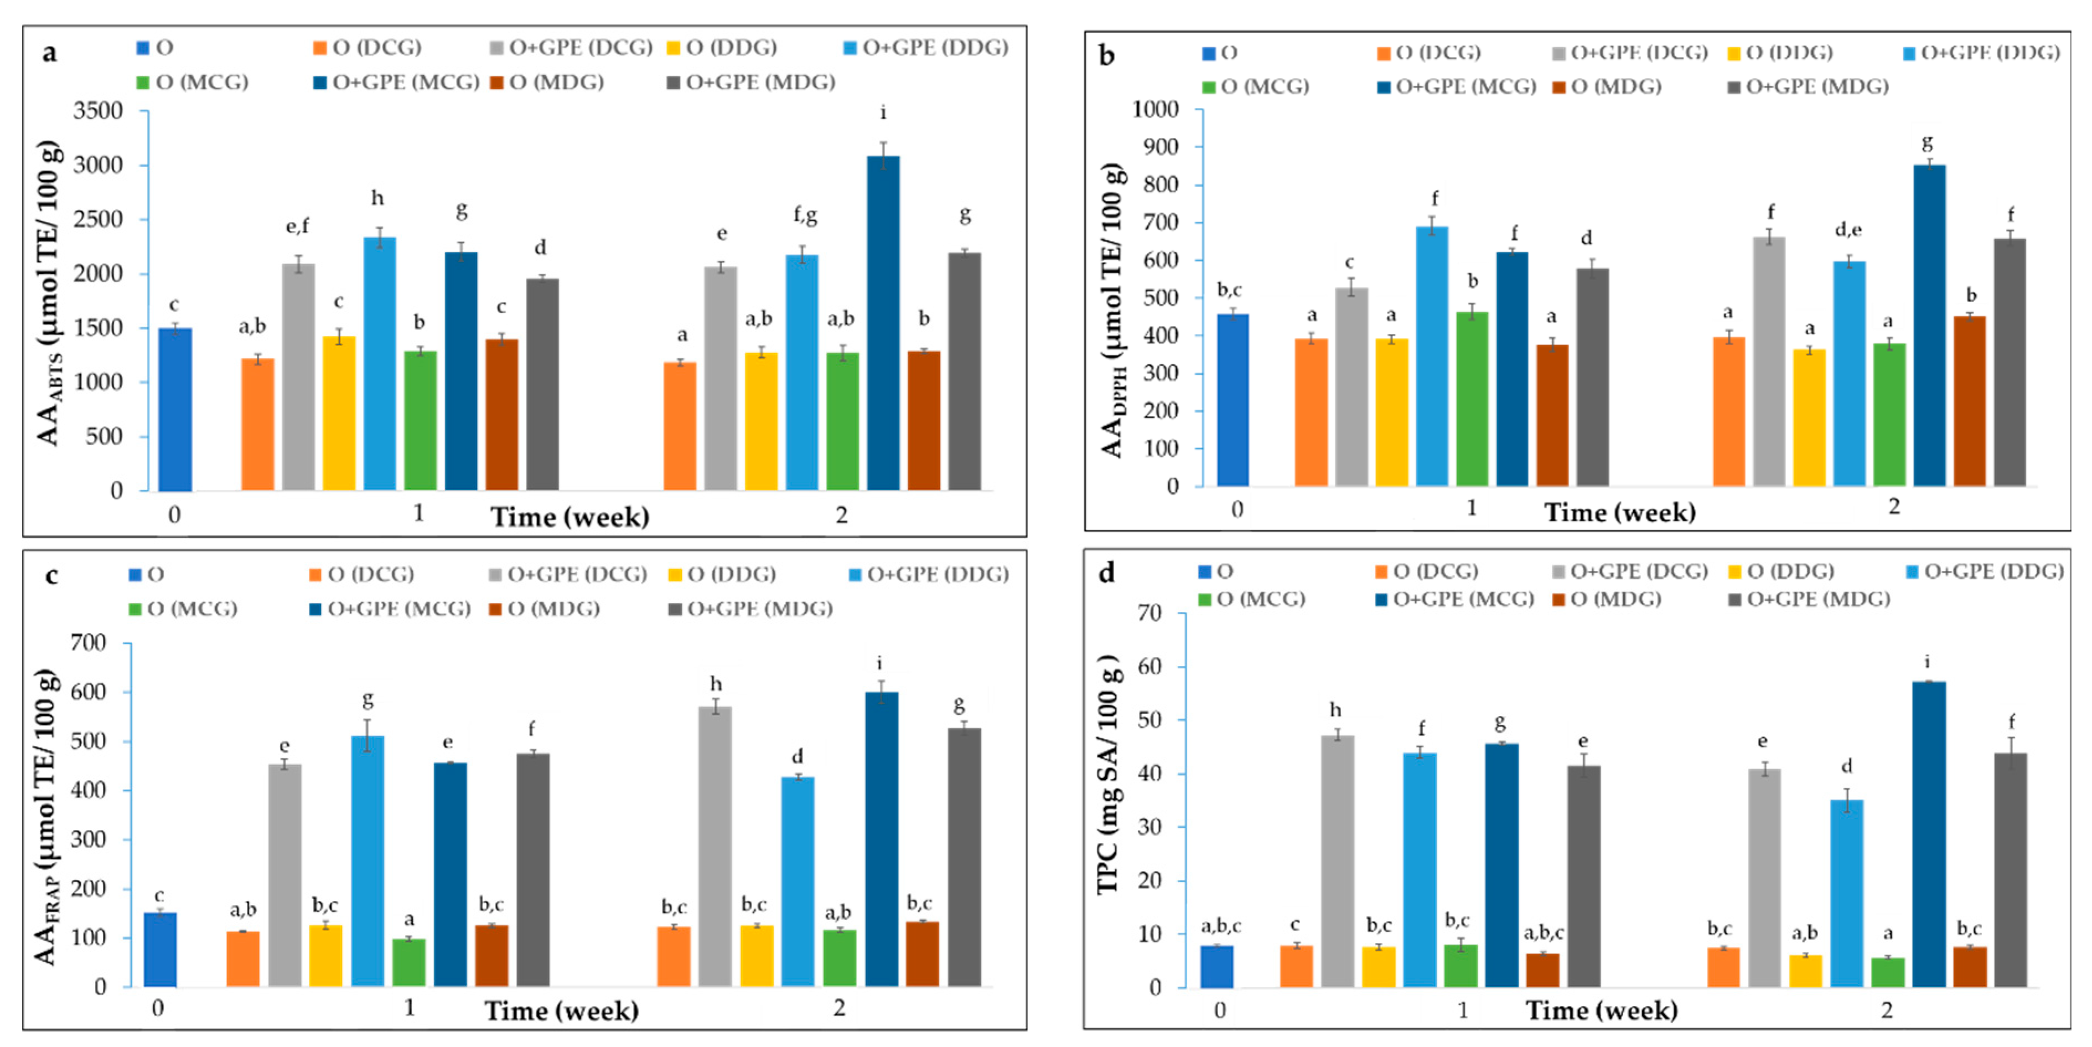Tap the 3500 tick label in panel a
coord(97,111)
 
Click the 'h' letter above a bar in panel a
coord(377,198)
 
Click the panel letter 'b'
coord(1106,55)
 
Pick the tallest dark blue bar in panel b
coord(1930,325)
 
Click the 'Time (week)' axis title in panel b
coord(1619,513)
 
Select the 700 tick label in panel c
coord(89,643)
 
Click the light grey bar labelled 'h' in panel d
coord(1337,860)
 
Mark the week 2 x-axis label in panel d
coord(1887,1010)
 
